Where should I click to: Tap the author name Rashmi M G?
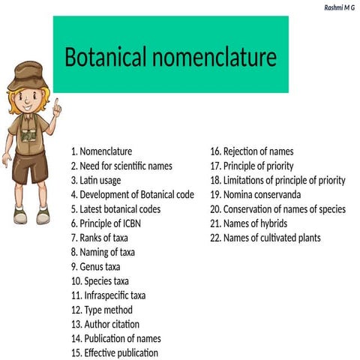click(x=340, y=7)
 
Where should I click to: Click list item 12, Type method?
click(x=102, y=310)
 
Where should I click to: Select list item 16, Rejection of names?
click(x=252, y=151)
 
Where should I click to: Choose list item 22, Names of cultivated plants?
click(x=265, y=238)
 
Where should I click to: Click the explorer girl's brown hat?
click(x=31, y=73)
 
